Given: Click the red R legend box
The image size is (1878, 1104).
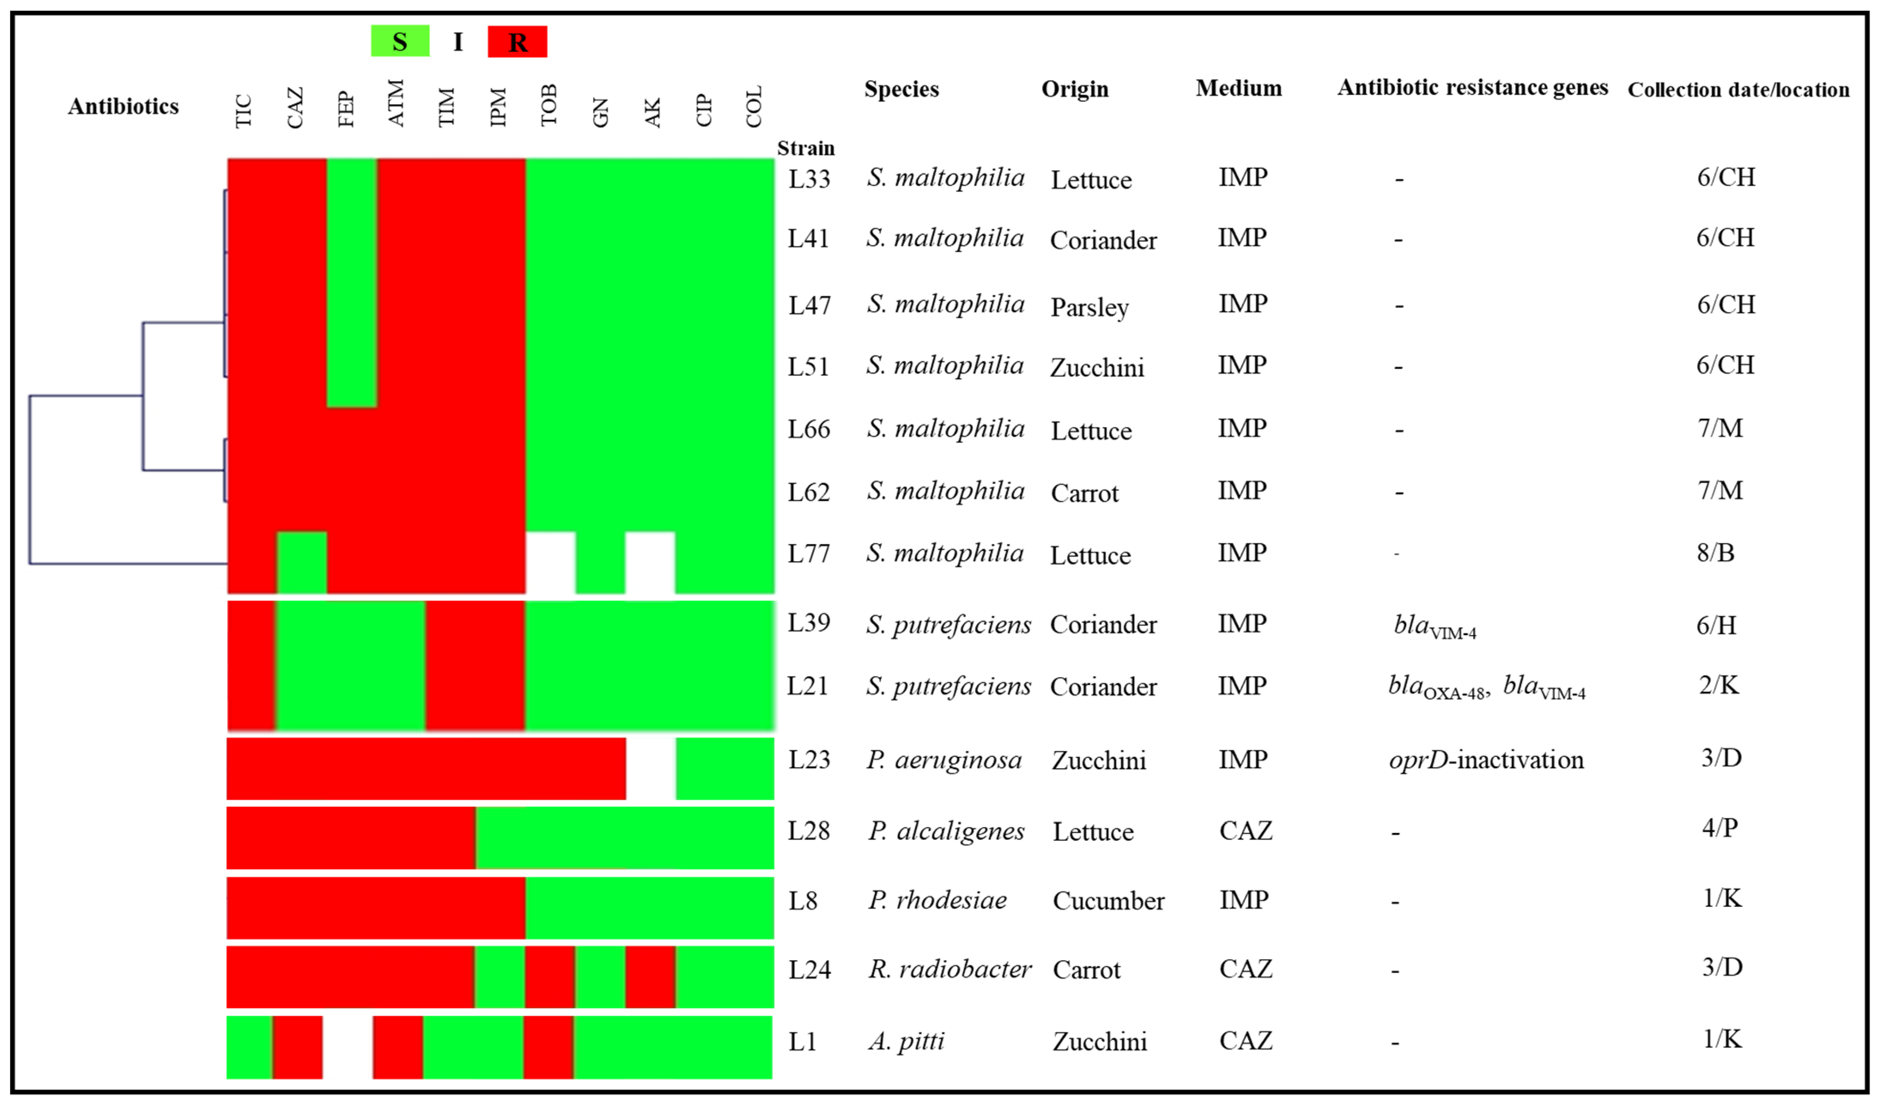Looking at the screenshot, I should point(517,42).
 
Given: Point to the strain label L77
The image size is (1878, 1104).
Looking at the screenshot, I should point(809,554).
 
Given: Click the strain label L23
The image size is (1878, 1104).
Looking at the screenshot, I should point(809,760).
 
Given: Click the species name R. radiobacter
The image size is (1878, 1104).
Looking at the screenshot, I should point(950,969).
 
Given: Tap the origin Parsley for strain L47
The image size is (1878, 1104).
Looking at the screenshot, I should point(1089,307).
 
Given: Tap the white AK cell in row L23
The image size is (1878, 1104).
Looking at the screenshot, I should point(651,769).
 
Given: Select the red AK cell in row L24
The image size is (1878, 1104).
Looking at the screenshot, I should point(651,976).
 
